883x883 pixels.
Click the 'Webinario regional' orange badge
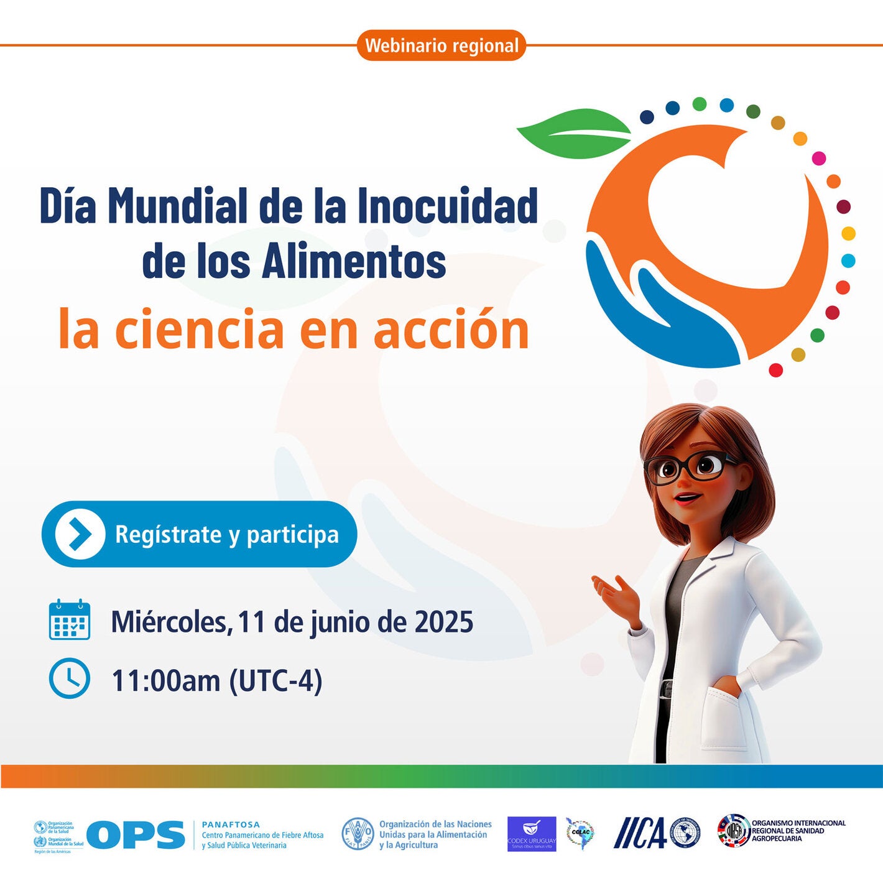[x=441, y=45]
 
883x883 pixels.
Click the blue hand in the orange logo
[x=659, y=311]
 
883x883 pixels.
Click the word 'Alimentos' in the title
[x=354, y=261]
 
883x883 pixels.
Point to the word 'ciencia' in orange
[x=200, y=330]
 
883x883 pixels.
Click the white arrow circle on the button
[x=80, y=534]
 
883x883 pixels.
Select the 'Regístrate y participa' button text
[x=227, y=535]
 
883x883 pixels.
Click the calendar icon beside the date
[x=70, y=620]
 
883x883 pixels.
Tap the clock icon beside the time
[x=70, y=678]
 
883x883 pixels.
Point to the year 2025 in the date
[x=444, y=622]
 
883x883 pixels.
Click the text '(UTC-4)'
[x=275, y=681]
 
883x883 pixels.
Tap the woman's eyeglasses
[x=689, y=466]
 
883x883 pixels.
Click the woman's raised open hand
[x=616, y=594]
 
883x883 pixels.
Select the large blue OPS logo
[x=136, y=834]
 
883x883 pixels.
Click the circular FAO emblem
[x=358, y=834]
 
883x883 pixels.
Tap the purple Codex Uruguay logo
[x=532, y=834]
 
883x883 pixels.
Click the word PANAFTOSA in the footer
[x=231, y=824]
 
